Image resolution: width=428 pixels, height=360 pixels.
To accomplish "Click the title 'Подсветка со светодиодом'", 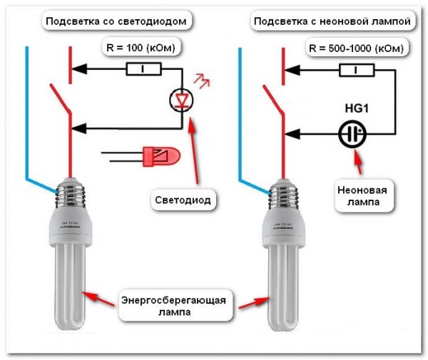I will (117, 22).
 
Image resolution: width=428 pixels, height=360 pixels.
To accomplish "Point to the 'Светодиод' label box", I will (183, 200).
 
